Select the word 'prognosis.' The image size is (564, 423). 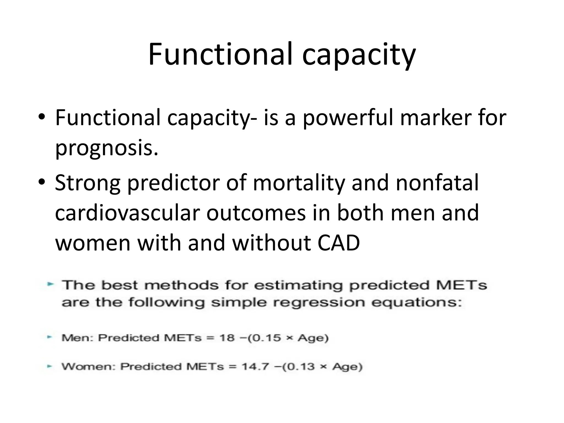107,148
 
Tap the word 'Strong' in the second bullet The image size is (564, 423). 88,183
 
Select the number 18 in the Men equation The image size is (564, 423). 227,338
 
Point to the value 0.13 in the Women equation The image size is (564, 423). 299,367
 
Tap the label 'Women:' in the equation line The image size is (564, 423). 88,367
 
